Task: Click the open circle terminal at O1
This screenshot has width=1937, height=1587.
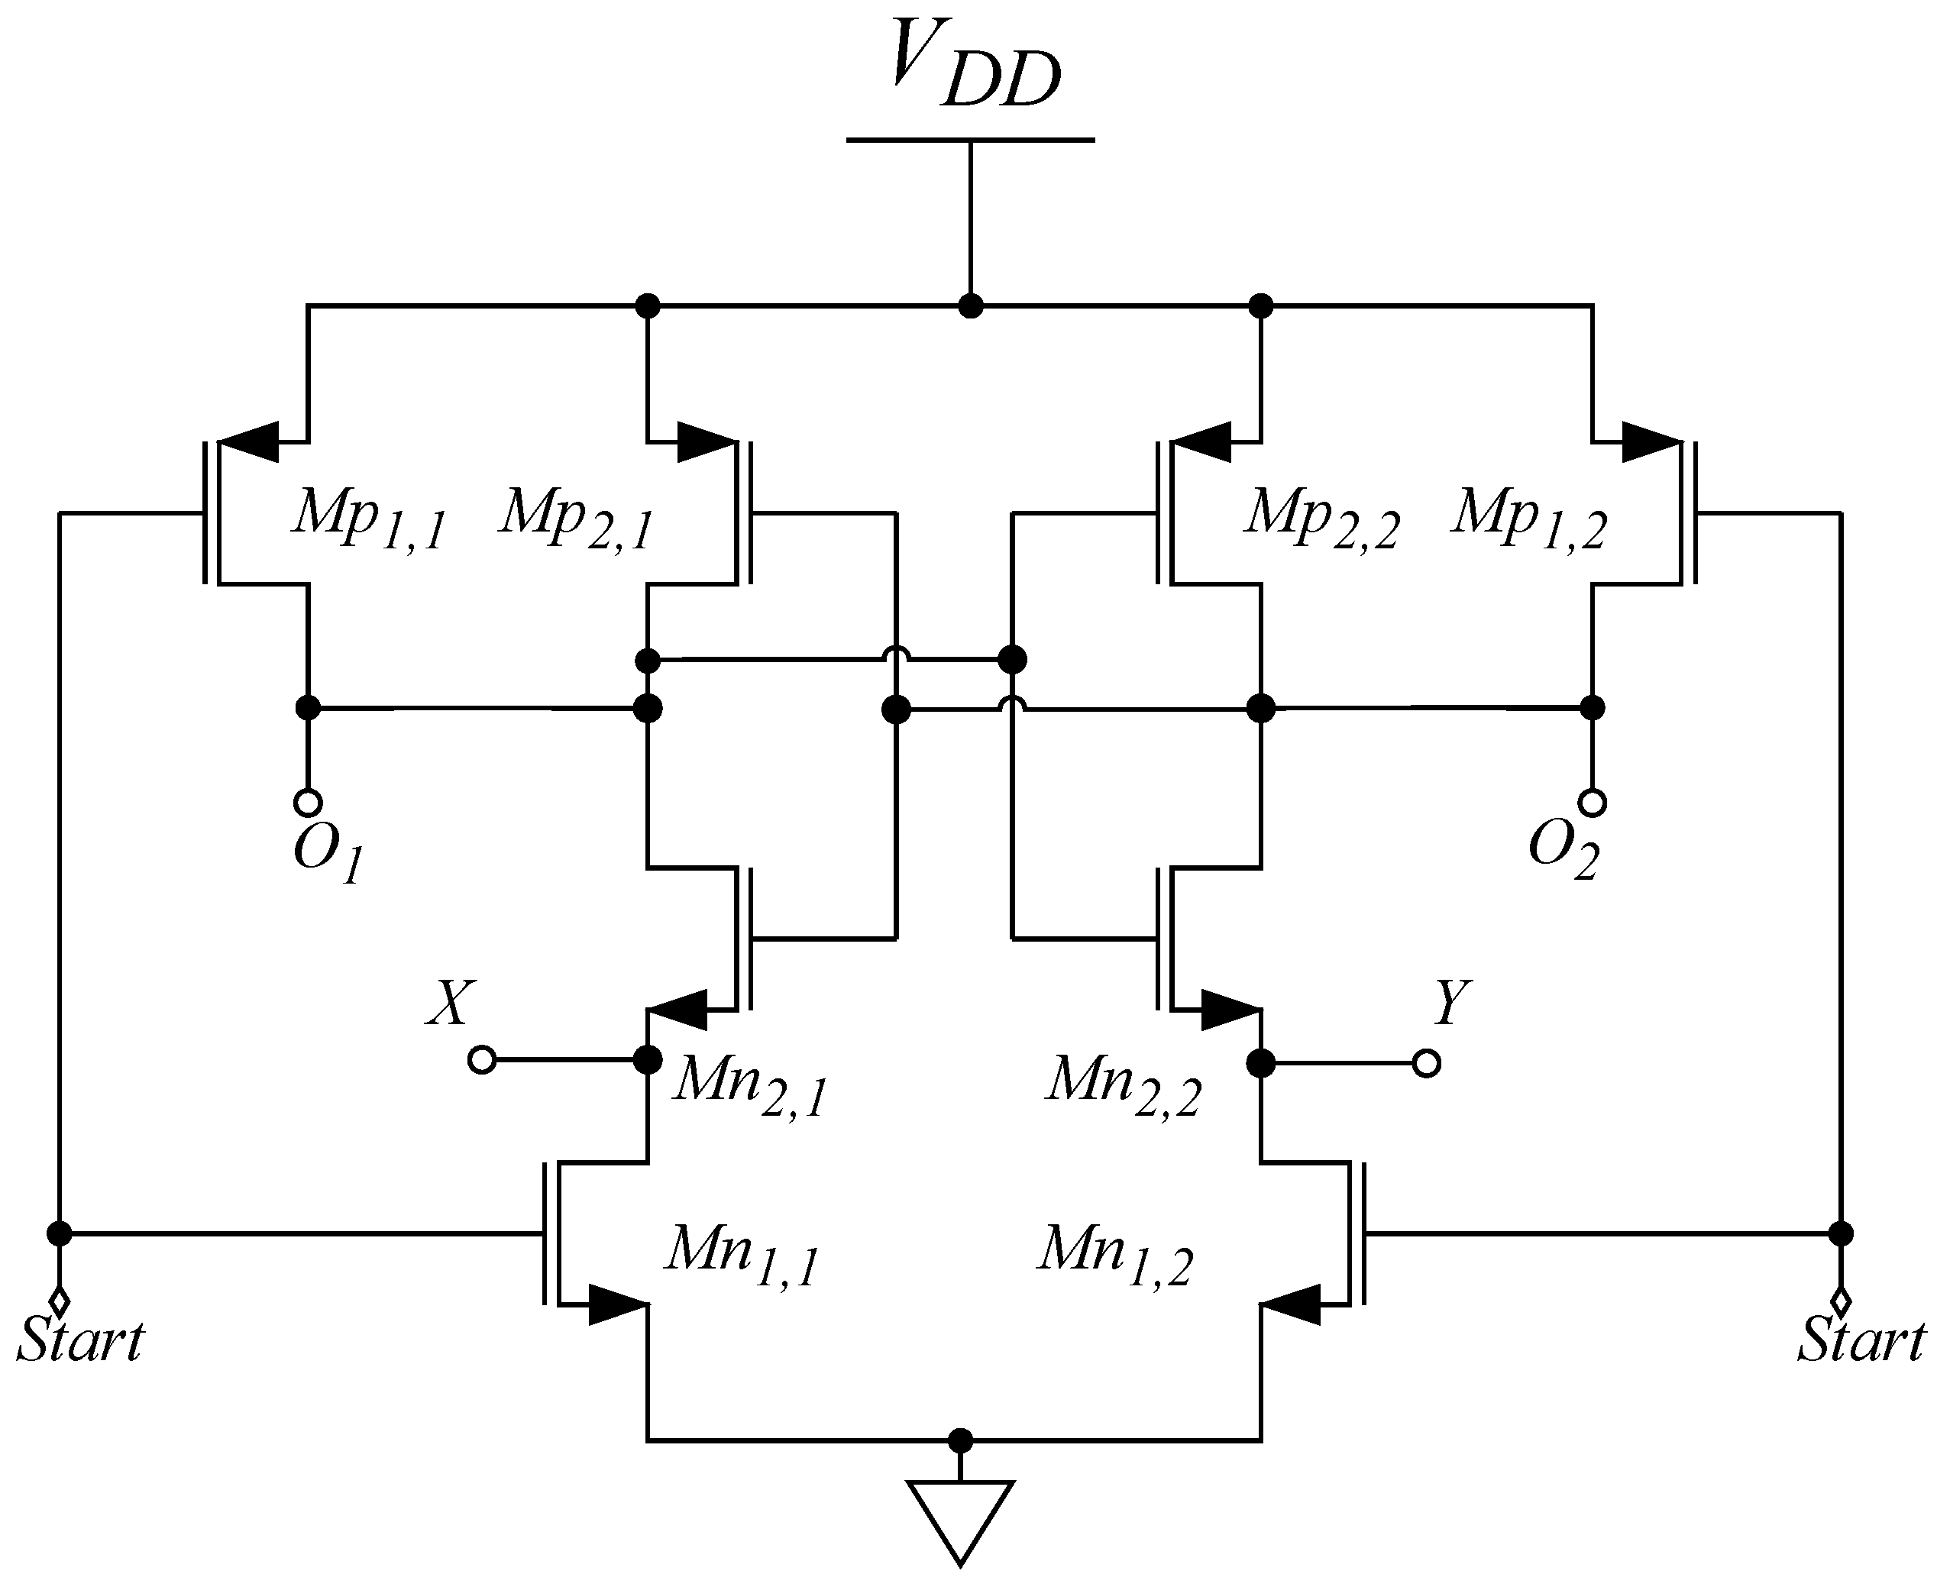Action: click(x=308, y=803)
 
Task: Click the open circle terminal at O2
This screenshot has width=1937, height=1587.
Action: click(x=1593, y=803)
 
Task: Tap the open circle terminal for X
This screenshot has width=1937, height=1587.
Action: click(x=482, y=1061)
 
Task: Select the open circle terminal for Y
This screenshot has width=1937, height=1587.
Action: click(x=1426, y=1063)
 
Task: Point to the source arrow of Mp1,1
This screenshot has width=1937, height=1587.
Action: click(x=251, y=442)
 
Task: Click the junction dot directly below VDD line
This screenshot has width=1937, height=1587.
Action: click(x=971, y=305)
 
